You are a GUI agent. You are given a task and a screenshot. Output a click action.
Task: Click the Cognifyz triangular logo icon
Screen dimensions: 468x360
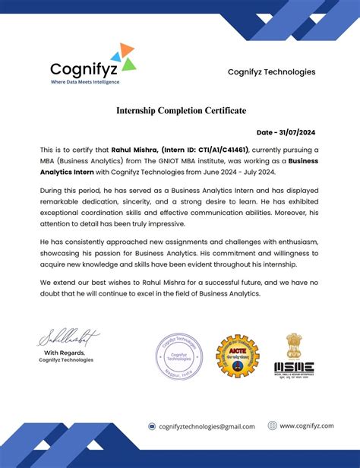pos(122,57)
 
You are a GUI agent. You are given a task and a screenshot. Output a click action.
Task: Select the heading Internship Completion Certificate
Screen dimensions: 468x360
pos(181,111)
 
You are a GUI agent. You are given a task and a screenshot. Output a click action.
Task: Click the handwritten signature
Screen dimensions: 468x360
pos(68,336)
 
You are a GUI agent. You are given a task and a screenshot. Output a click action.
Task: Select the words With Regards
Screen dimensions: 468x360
pos(63,353)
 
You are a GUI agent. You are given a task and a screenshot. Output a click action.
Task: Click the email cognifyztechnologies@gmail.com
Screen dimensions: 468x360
pos(208,427)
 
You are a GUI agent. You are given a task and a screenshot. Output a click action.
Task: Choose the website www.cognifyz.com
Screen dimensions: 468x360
pos(306,426)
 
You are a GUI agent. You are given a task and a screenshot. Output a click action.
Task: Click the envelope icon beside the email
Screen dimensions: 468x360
pos(152,427)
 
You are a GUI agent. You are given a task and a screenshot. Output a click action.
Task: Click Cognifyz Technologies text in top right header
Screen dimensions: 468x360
pos(271,72)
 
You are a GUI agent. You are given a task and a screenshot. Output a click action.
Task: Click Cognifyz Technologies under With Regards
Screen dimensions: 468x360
pos(66,360)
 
